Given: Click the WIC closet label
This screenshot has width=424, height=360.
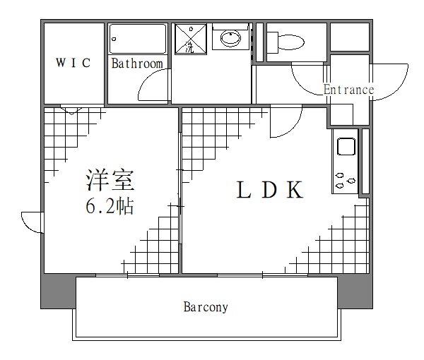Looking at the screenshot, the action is point(73,64).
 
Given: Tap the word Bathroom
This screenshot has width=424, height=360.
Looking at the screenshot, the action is point(137,64).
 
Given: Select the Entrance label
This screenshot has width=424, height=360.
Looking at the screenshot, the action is point(348,90).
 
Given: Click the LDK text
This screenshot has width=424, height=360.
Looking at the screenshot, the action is point(270,191).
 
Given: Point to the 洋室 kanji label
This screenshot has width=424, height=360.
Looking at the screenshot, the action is point(110,181).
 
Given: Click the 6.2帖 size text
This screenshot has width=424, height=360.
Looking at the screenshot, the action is point(110,207).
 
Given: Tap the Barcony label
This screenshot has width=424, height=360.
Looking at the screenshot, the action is point(206,307).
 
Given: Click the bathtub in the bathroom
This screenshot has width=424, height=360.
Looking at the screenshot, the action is point(139,40).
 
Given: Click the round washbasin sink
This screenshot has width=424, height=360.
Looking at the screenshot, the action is point(230,39).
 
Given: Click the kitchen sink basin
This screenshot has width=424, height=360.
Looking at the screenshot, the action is point(346,148).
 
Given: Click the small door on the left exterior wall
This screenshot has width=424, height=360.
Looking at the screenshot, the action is point(33,221).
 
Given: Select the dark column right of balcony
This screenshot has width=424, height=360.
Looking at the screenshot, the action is point(355,291).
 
